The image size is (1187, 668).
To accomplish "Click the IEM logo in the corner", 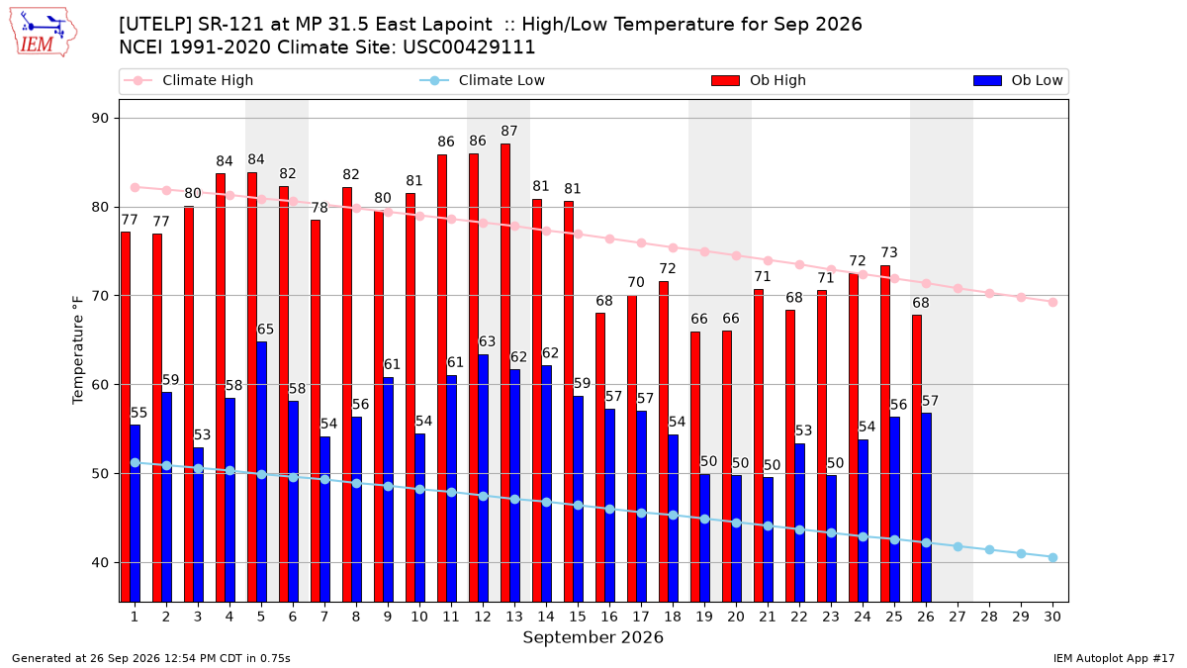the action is click(x=44, y=33).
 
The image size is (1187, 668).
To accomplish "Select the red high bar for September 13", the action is click(x=505, y=373).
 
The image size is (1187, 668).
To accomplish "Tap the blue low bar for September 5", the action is click(x=262, y=472).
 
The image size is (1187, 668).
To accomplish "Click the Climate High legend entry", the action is click(x=189, y=80).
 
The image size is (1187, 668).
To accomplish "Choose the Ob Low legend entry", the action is click(x=1018, y=80).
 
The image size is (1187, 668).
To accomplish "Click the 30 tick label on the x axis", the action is click(x=1052, y=617).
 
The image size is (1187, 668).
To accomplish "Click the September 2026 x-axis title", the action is click(x=593, y=637).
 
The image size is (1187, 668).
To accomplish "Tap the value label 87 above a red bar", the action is click(x=509, y=131).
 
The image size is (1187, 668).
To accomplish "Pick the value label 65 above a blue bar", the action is click(x=265, y=330).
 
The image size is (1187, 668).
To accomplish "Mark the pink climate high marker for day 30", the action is click(x=1052, y=302).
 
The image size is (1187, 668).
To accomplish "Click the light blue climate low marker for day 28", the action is click(x=989, y=550).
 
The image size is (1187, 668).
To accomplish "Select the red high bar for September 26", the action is click(x=917, y=458).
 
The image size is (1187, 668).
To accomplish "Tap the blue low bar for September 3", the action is click(x=198, y=525).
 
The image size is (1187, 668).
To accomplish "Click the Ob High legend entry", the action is click(x=759, y=80).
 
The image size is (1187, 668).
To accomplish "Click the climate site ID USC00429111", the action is click(x=469, y=48).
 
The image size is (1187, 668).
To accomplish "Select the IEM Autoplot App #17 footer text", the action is click(x=1114, y=658).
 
